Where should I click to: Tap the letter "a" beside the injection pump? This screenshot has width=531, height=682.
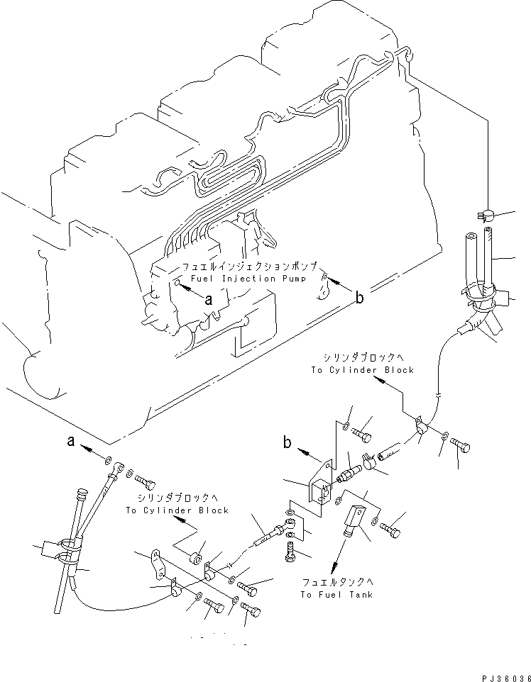click(x=208, y=300)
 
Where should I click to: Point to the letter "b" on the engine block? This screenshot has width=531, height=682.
click(x=360, y=298)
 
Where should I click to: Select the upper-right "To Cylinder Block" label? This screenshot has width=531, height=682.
click(x=362, y=370)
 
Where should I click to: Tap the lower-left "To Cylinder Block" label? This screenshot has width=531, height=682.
click(x=177, y=510)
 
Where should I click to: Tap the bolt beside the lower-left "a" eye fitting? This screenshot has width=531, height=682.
click(x=146, y=483)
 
